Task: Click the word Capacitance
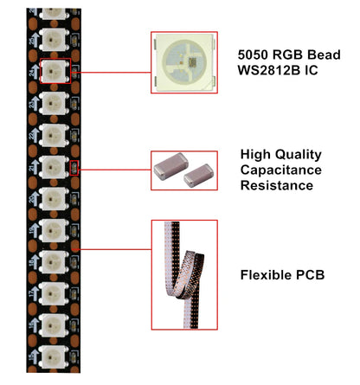[280, 170]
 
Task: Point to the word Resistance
[275, 185]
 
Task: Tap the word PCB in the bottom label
[319, 276]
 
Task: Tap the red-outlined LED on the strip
[54, 71]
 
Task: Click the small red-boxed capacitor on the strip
[75, 167]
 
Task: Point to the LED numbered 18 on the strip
[54, 260]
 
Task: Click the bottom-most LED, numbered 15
[54, 356]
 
